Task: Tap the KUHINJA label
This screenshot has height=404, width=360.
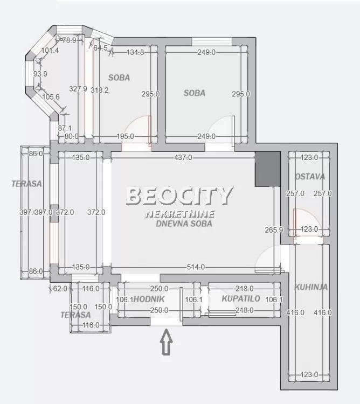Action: coord(311,288)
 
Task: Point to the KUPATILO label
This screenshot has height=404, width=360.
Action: coord(241,298)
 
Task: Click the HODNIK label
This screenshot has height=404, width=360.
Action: coord(149,298)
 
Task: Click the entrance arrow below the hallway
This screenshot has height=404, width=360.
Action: coord(167,343)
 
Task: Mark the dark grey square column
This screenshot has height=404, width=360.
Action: coord(268,169)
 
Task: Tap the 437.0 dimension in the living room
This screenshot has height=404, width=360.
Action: coord(182,158)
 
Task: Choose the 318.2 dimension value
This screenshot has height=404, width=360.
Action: coord(100,90)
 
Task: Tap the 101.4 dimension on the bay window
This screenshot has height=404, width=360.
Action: coord(50,51)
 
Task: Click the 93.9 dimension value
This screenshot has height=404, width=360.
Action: coord(41,74)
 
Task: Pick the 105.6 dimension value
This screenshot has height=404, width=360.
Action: coord(51,97)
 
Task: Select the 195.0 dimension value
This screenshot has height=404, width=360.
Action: coord(125,137)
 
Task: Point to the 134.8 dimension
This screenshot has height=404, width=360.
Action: coord(135,52)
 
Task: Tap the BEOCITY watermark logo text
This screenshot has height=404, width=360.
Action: coord(179,196)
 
